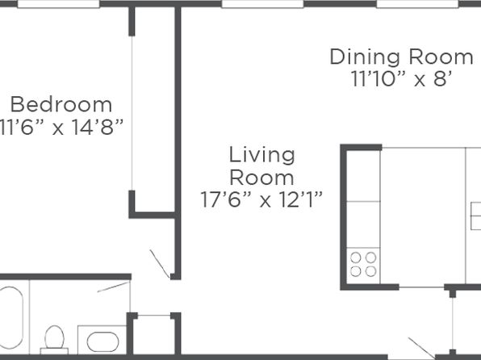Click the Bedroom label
(x=61, y=105)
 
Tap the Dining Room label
(x=402, y=57)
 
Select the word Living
(x=262, y=156)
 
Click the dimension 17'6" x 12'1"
(x=261, y=200)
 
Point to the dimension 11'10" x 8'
(x=402, y=79)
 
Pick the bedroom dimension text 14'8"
(x=98, y=127)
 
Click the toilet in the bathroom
(x=54, y=340)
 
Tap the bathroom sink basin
(x=102, y=342)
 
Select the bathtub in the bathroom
(x=11, y=318)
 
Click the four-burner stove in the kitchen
(x=363, y=265)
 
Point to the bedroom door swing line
(x=160, y=264)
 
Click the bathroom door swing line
(x=113, y=287)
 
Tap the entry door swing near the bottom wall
(x=421, y=348)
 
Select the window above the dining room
(x=417, y=4)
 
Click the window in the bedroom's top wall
(x=58, y=4)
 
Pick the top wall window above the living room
(x=262, y=4)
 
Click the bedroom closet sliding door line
(x=132, y=113)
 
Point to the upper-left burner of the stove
(x=356, y=257)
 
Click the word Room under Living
(x=261, y=178)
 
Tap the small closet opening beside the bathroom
(x=154, y=315)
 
